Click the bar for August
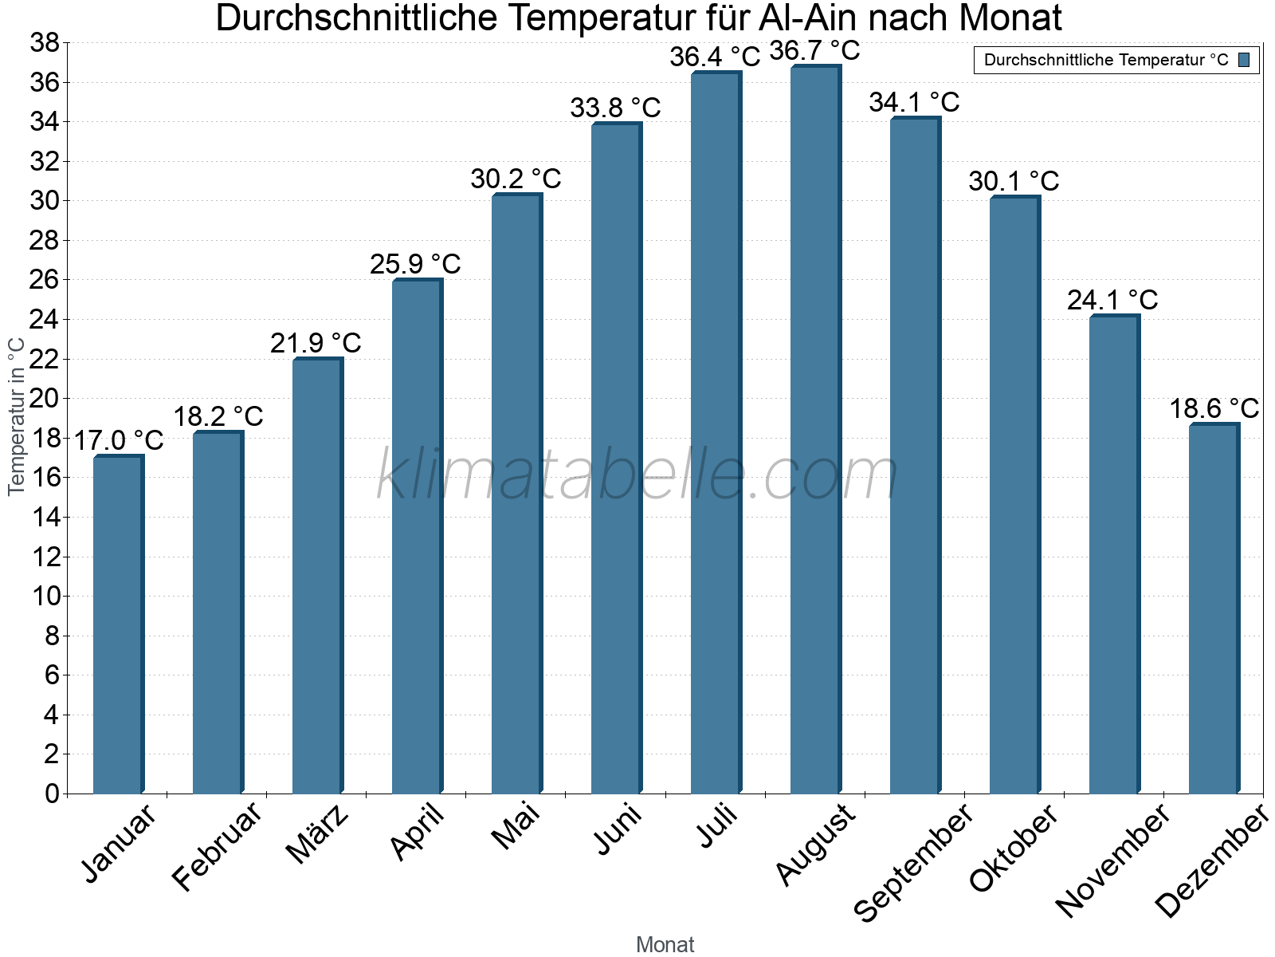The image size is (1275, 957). point(815,431)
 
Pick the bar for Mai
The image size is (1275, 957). point(516,494)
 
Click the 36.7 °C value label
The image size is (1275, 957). point(814,51)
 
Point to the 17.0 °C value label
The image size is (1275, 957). point(119,440)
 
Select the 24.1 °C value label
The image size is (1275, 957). point(1112,301)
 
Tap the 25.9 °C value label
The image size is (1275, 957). point(415,265)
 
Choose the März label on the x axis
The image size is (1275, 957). point(318,834)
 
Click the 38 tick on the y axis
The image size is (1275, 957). point(45,43)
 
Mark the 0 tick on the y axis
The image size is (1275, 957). point(52,794)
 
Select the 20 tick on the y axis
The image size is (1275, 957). point(45,399)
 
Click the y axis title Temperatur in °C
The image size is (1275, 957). point(16,416)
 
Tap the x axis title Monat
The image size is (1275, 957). point(665,944)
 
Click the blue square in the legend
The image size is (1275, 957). point(1244,60)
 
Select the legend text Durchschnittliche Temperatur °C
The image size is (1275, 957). point(1106,60)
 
